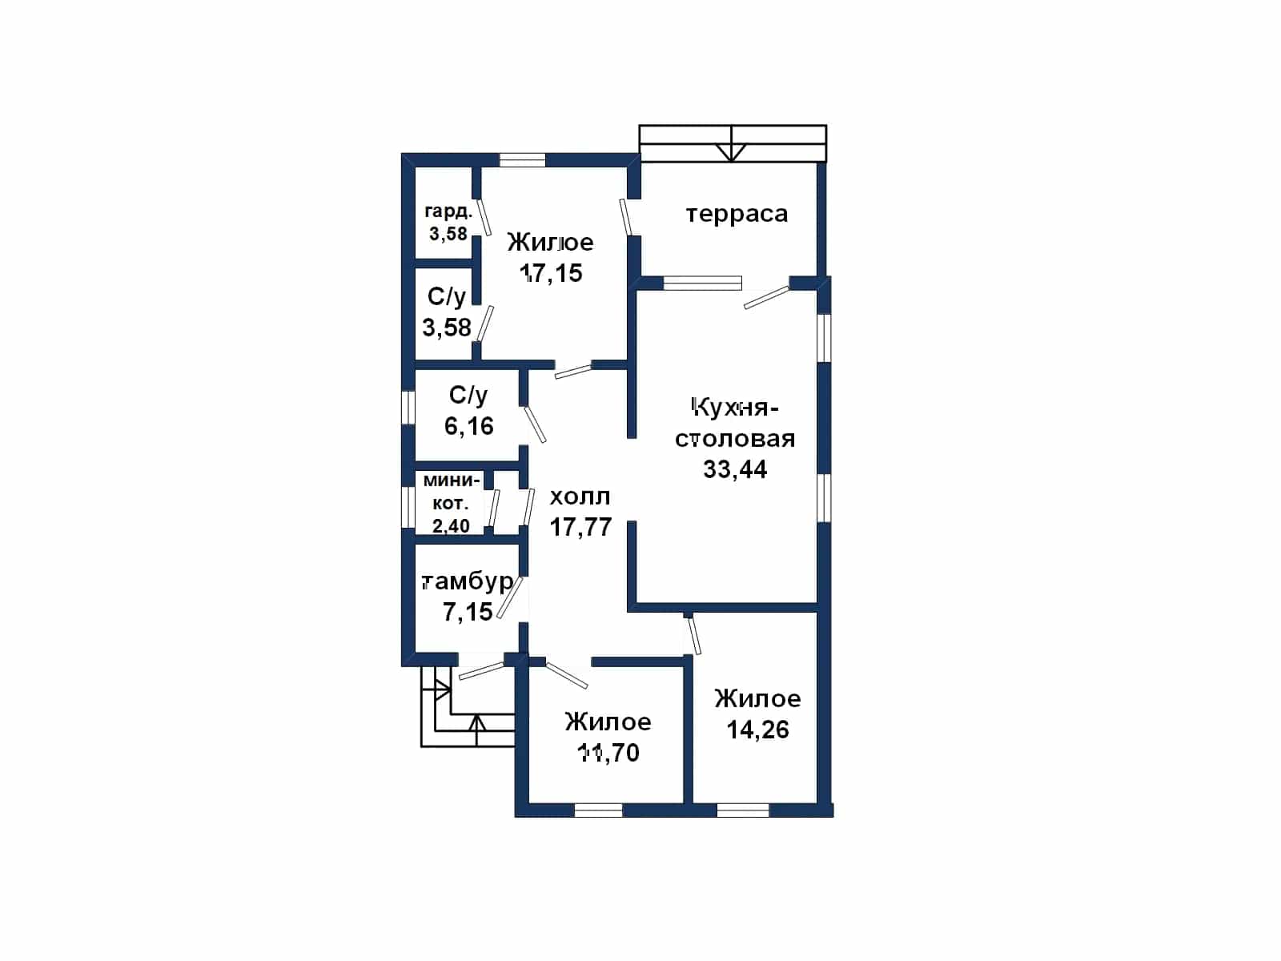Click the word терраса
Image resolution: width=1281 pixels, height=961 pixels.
[x=737, y=214]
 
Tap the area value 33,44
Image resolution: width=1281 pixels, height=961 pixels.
[x=735, y=468]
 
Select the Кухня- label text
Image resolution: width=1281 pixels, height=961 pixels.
[x=735, y=408]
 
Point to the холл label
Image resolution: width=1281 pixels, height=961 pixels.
[x=580, y=497]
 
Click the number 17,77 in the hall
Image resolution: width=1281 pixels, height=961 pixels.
[x=580, y=526]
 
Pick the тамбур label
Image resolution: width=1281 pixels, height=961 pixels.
[x=468, y=581]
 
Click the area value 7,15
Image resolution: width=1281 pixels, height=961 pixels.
[x=468, y=612]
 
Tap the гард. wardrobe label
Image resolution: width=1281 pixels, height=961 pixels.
[x=448, y=211]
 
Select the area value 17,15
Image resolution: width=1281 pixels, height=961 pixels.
[x=551, y=272]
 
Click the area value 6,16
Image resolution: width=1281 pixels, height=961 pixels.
[x=468, y=426]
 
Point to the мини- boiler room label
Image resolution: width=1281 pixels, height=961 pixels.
[x=452, y=480]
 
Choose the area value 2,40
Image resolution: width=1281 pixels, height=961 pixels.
[x=451, y=525]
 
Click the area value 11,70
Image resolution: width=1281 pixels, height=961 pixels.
[x=608, y=753]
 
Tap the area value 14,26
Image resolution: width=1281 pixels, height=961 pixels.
[x=757, y=730]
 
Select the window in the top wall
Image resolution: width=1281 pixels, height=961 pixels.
[x=522, y=160]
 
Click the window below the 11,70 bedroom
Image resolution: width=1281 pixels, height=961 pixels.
[x=598, y=810]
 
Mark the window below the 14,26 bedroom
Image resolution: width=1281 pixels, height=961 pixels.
[x=743, y=810]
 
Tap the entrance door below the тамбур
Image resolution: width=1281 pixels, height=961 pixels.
[x=481, y=670]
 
